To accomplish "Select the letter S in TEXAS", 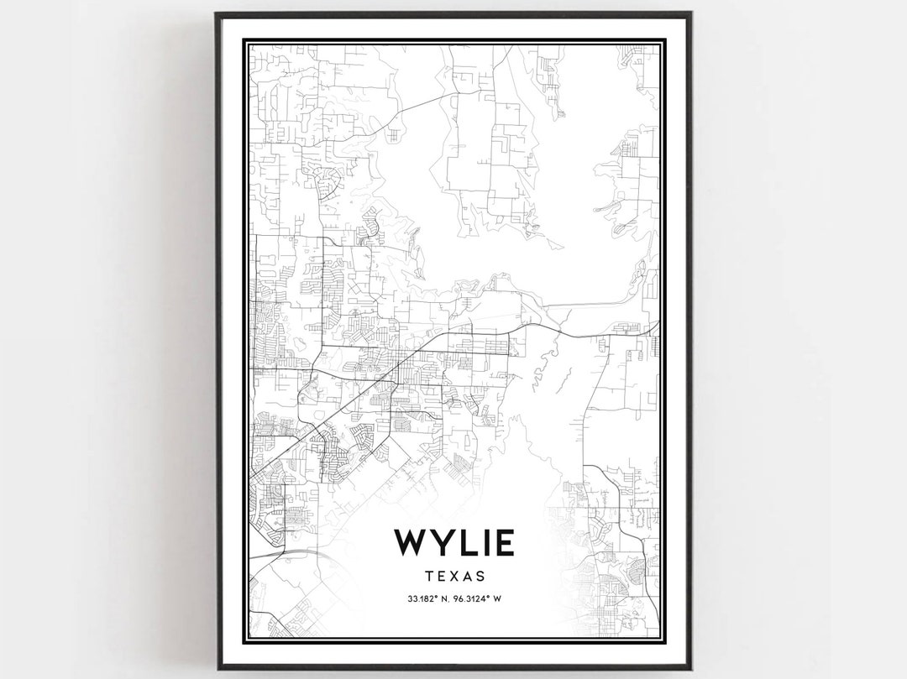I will (x=480, y=577).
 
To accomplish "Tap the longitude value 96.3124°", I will (x=471, y=599).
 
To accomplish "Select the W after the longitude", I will (x=498, y=599).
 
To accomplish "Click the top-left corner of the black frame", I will (x=217, y=13).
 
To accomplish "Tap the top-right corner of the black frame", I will (x=690, y=13).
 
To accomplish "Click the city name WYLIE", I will (x=454, y=543).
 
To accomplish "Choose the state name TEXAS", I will (x=454, y=577).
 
